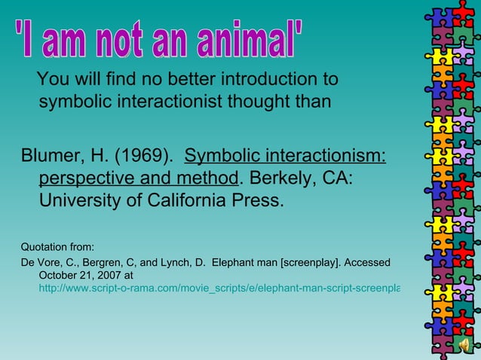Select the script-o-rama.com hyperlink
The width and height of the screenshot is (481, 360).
219,288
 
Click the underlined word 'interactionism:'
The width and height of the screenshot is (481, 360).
326,157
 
